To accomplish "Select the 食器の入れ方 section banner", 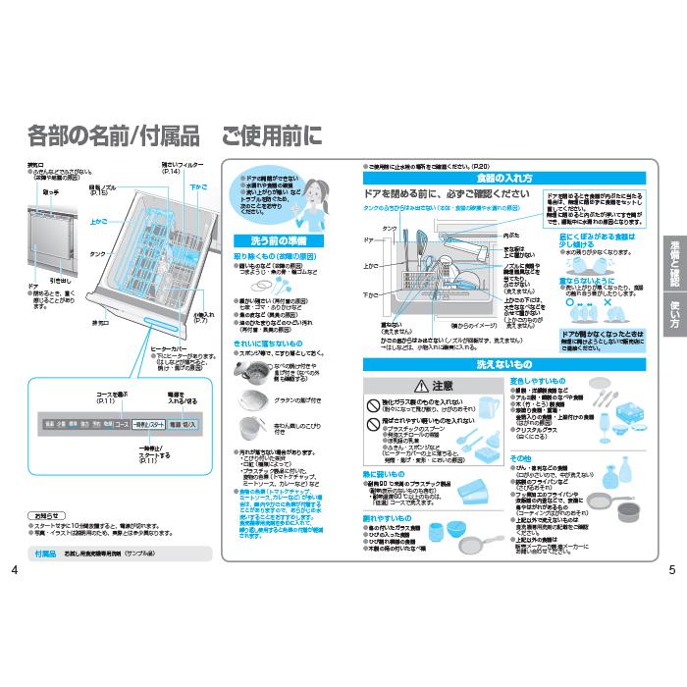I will pos(504,179).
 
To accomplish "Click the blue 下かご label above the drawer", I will pos(198,185).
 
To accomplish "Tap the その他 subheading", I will pos(520,457).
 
